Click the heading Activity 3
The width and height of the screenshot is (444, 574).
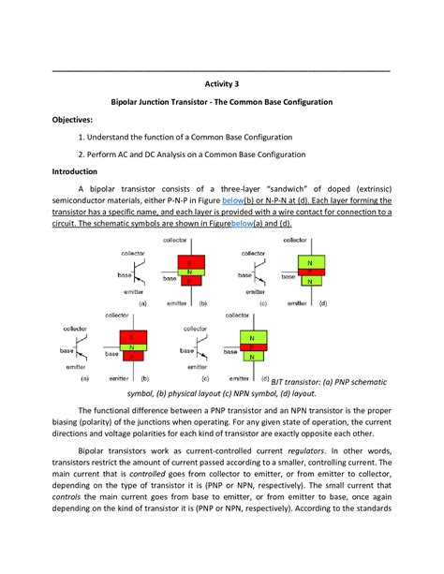point(222,82)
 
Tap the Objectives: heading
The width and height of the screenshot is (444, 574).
point(72,120)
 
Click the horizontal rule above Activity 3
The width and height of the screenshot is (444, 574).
point(222,72)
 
